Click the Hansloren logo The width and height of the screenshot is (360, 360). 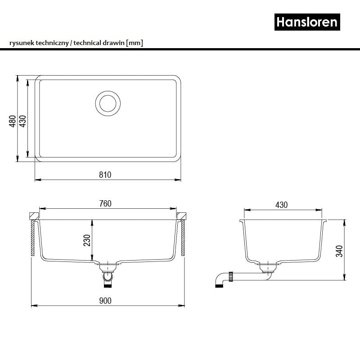[307, 22]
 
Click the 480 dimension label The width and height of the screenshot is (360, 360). [13, 121]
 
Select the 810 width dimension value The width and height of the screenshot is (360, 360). [105, 175]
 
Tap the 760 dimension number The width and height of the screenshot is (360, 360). [105, 204]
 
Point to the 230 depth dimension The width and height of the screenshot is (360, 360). [87, 240]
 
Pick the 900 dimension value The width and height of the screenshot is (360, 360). [105, 301]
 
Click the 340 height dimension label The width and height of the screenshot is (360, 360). [340, 251]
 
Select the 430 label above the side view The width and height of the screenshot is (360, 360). [282, 205]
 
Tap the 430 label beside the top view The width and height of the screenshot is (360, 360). [23, 121]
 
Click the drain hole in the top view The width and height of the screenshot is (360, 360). [108, 103]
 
